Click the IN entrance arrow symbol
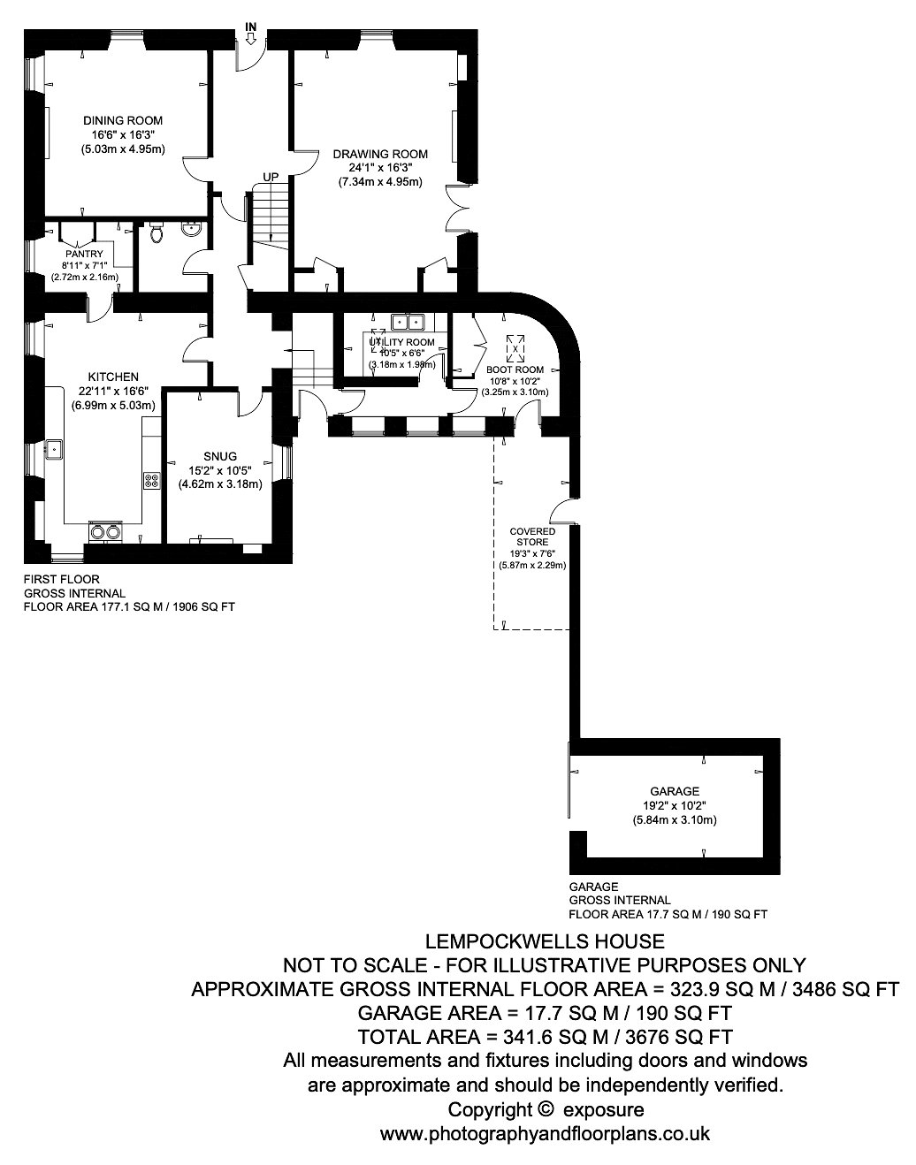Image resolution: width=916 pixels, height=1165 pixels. (251, 38)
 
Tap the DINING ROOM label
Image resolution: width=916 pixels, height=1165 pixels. (123, 120)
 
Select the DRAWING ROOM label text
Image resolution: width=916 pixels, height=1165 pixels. (380, 155)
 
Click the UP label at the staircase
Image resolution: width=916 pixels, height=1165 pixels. (271, 177)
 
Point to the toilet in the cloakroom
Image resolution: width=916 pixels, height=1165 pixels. (156, 232)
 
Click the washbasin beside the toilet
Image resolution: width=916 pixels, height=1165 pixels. (192, 229)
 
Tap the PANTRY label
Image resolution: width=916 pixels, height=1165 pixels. (84, 254)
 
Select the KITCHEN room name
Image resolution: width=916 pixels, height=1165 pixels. (113, 377)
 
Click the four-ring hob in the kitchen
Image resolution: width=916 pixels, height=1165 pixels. (151, 480)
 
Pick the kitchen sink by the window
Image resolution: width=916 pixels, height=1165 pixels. (54, 449)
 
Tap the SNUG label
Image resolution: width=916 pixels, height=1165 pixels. (220, 456)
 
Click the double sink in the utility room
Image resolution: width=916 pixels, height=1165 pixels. (408, 322)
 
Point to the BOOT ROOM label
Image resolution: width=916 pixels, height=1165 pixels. (515, 370)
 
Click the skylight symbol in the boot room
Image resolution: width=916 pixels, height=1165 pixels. (515, 348)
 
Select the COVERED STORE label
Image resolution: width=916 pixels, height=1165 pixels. (532, 537)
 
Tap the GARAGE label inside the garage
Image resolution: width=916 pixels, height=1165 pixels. (675, 791)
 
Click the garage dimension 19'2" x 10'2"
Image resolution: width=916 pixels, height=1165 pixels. (675, 805)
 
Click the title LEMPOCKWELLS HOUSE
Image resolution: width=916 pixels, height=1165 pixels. (545, 941)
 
